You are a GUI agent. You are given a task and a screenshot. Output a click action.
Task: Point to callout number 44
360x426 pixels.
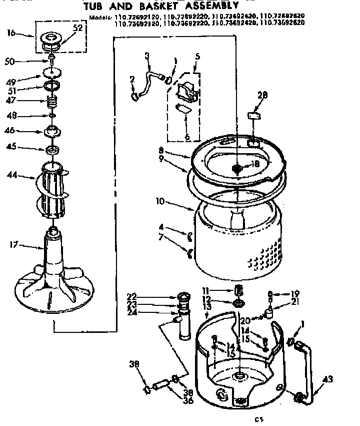tap(13, 175)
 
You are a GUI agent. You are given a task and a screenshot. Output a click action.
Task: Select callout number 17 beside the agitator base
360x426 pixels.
tap(14, 245)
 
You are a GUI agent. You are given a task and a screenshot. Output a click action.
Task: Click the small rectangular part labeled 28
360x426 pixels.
tap(254, 116)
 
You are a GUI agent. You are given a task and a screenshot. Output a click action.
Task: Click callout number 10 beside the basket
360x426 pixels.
tap(160, 202)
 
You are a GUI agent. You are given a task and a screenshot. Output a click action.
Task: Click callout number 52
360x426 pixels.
tap(78, 28)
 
